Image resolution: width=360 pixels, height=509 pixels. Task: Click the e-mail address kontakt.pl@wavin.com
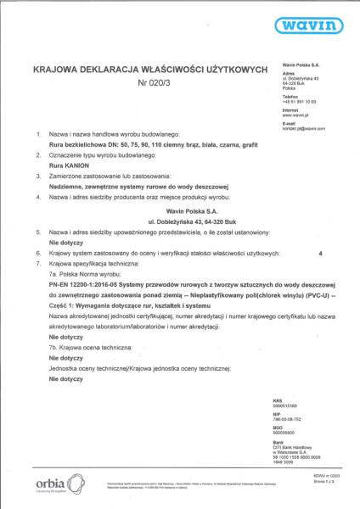point(303,127)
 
